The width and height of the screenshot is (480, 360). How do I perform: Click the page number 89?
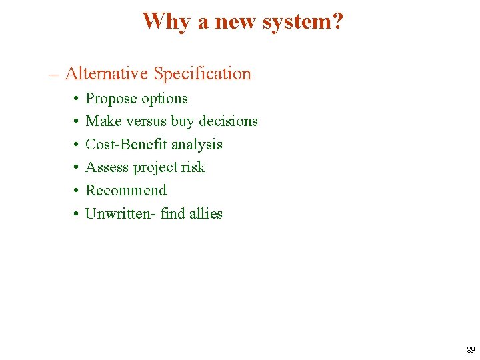[471, 349]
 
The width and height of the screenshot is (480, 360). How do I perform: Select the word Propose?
[110, 99]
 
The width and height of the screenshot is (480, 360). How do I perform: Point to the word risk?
[193, 167]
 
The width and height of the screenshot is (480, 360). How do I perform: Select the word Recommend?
[126, 191]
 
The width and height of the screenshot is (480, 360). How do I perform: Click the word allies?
[205, 213]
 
